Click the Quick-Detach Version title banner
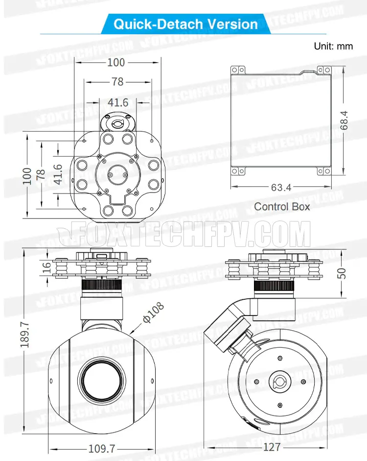(x=185, y=24)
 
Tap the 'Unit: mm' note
(x=333, y=46)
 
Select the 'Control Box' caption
(x=282, y=206)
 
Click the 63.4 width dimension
(x=281, y=187)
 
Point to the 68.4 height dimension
(x=344, y=120)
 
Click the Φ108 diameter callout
(x=153, y=312)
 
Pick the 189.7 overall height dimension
(x=25, y=334)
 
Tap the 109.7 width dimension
(x=102, y=449)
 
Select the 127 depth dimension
(x=272, y=447)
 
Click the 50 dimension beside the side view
(x=342, y=273)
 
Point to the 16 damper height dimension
(x=46, y=267)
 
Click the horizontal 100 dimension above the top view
(x=116, y=62)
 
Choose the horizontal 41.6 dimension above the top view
(x=118, y=102)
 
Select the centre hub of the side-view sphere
(x=280, y=382)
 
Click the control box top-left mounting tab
(x=238, y=70)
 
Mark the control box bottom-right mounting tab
(x=324, y=171)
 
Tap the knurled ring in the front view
(x=102, y=285)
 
